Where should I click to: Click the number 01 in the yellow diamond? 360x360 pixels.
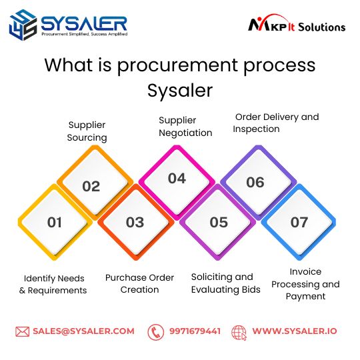coord(55,222)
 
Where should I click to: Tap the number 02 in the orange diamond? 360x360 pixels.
coord(91,186)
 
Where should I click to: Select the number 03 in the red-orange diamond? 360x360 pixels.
coord(135,222)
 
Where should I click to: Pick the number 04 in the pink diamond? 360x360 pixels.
coord(177,179)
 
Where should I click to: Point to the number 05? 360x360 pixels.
coord(219,222)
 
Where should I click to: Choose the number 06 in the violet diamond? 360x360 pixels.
coord(255,183)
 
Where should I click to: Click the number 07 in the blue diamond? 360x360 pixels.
coord(299,222)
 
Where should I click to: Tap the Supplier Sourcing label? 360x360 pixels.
coord(87,131)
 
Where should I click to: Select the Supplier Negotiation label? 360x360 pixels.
coord(185,127)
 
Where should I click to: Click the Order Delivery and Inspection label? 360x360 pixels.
coord(276,123)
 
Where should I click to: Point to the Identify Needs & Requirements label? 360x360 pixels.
coord(53,284)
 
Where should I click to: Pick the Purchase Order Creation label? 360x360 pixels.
coord(139,283)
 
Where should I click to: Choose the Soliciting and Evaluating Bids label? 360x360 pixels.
coord(226,283)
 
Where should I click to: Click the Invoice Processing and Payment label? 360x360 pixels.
coord(305,284)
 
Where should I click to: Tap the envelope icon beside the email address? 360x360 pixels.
coord(22,331)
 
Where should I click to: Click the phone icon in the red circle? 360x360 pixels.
coord(155,332)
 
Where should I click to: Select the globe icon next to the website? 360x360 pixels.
coord(239,333)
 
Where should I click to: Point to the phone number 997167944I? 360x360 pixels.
coord(195,331)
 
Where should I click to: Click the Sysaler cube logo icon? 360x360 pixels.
coord(23,25)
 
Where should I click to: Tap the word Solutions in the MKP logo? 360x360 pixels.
coord(321,27)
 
